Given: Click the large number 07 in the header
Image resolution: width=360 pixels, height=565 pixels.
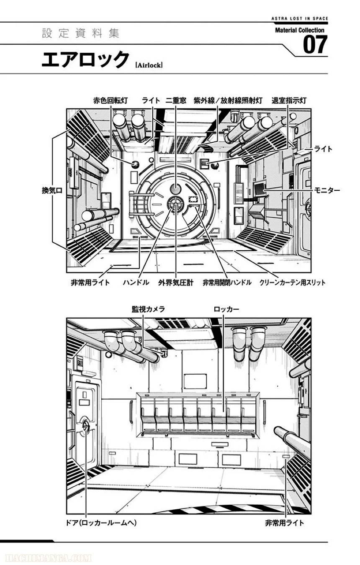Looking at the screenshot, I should [315, 45].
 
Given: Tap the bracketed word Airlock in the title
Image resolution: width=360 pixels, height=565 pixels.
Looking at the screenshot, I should [149, 65].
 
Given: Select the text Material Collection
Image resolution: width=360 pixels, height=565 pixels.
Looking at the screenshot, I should [300, 30].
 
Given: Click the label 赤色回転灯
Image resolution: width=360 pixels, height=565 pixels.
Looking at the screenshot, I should [111, 100].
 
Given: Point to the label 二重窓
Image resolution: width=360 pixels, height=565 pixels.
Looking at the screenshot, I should [175, 100].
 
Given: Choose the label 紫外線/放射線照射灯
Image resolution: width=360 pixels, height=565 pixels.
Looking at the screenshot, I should [228, 100].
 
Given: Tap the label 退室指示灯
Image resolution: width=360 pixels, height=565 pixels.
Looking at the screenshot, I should [289, 100].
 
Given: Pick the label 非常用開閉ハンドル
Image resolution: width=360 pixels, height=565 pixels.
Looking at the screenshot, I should [227, 282].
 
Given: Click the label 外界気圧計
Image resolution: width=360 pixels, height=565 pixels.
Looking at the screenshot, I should [176, 282].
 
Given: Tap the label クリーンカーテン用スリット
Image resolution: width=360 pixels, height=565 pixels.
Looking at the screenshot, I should [292, 282].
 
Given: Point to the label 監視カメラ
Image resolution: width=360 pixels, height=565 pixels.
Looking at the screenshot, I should [148, 309].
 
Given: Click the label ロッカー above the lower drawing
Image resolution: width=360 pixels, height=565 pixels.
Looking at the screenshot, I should [226, 309].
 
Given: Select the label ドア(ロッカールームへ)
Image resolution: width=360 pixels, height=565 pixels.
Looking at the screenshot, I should [102, 523].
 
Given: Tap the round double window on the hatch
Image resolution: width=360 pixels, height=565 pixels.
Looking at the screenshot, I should [175, 188].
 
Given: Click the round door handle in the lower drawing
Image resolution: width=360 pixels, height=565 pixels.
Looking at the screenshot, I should [86, 426].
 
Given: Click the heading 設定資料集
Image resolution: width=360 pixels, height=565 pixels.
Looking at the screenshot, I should [81, 34].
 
